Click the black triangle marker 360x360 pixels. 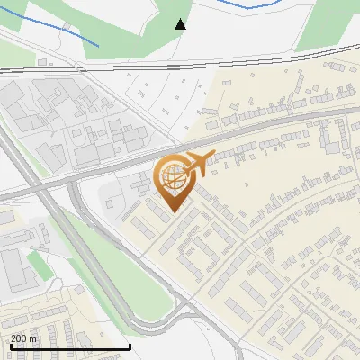click(x=180, y=24)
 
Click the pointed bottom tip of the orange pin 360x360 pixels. click(x=173, y=211)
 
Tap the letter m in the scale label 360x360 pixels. click(x=34, y=338)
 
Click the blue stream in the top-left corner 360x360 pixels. click(x=54, y=32)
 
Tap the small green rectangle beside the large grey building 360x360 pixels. click(x=36, y=264)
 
